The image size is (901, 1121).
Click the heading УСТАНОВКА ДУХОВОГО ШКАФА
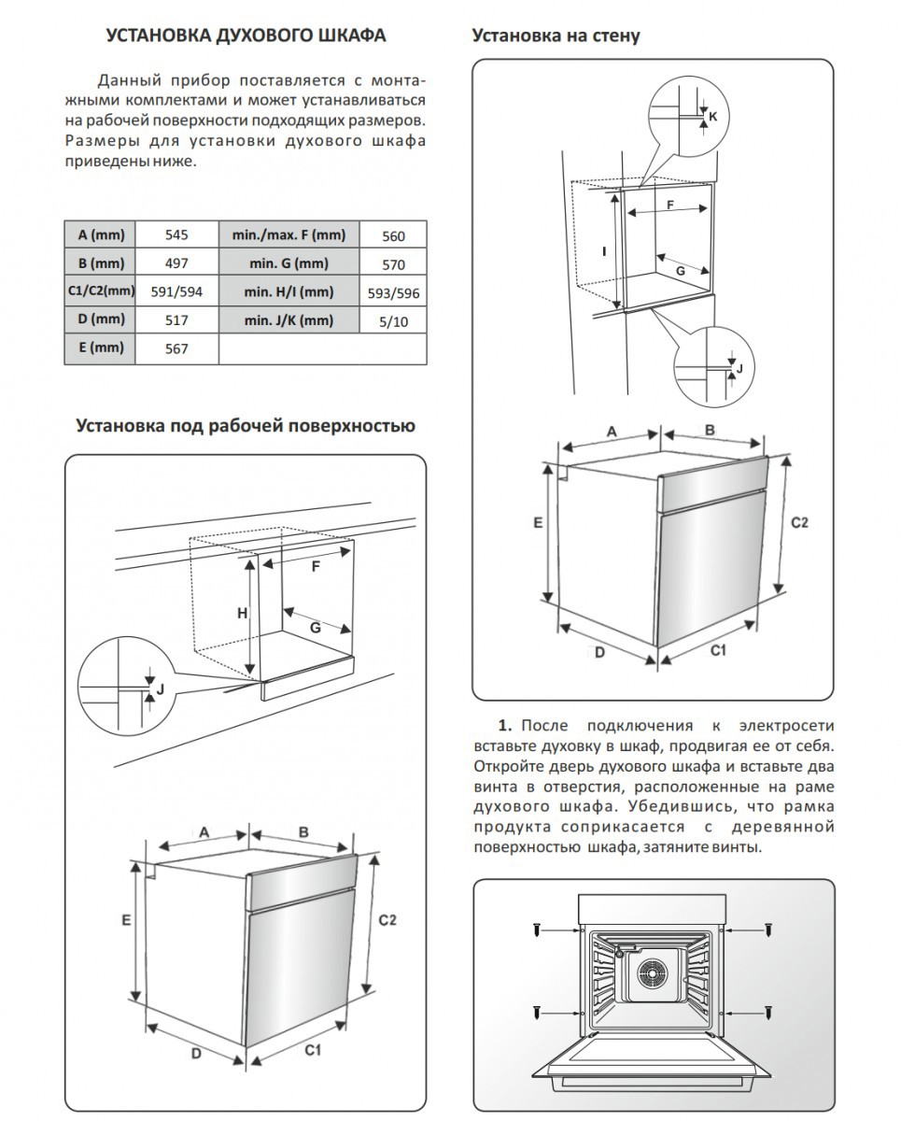[246, 36]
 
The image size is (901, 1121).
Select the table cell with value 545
[176, 235]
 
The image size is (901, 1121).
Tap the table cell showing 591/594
[176, 291]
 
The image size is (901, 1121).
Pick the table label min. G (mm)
[288, 263]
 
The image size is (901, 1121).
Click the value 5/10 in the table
[393, 321]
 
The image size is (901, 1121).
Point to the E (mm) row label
[100, 348]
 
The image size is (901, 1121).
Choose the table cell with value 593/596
[393, 293]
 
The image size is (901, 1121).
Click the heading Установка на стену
[556, 36]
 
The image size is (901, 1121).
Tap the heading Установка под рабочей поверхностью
[245, 426]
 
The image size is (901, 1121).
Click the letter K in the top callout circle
[712, 116]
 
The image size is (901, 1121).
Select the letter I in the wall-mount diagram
[605, 250]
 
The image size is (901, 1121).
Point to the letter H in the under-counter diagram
[241, 613]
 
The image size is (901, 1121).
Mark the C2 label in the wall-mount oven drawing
[799, 522]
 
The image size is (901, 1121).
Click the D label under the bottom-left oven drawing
[197, 1053]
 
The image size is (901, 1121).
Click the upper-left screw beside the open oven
[537, 930]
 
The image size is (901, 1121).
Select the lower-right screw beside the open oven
[767, 1013]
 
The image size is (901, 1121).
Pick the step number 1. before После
[506, 726]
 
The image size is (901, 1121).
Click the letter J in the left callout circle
[160, 689]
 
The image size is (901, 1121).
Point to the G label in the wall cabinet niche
[680, 270]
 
